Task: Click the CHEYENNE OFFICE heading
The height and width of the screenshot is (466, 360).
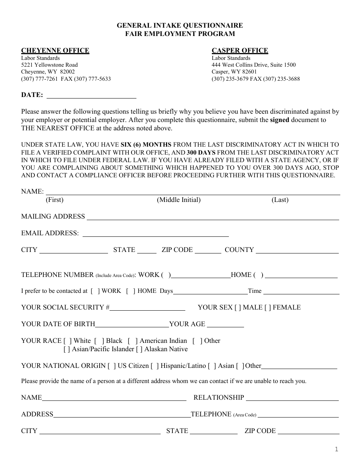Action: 55,50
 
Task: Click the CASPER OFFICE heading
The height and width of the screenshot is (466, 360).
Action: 239,50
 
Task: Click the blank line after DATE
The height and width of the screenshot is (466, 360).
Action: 91,96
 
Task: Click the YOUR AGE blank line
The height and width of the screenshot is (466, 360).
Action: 225,325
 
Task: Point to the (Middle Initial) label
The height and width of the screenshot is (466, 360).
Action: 178,200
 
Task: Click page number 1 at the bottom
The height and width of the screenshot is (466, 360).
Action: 336,450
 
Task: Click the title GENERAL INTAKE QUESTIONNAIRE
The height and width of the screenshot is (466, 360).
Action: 180,26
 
